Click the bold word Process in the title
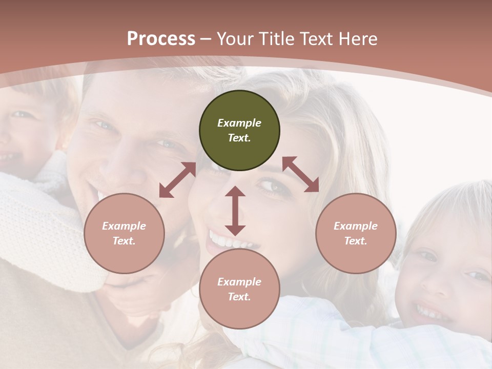tap(161, 39)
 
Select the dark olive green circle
tap(239, 131)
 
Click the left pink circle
tap(124, 233)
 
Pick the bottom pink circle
tap(239, 289)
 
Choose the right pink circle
tap(356, 233)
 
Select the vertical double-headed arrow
tap(235, 211)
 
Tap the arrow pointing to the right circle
tap(301, 174)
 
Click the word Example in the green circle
tap(239, 123)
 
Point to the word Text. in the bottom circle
tap(239, 297)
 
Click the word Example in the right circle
tap(356, 226)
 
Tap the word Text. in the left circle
tap(124, 241)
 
